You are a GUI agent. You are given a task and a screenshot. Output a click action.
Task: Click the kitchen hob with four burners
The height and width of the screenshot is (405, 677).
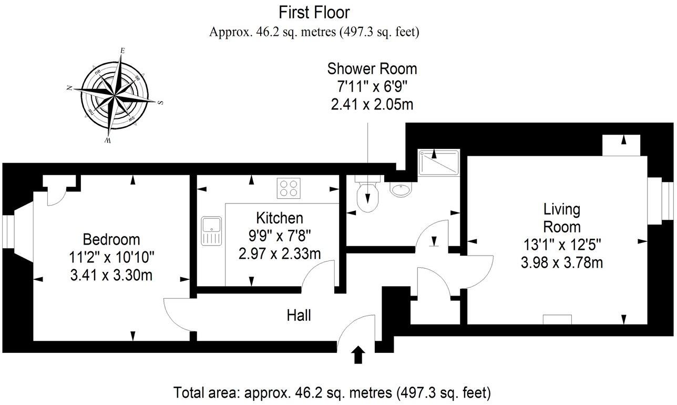(289, 188)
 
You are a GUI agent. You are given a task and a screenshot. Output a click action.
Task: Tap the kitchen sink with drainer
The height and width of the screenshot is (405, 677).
(211, 230)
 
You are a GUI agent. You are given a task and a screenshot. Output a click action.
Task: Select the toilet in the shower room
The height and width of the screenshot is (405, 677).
(367, 194)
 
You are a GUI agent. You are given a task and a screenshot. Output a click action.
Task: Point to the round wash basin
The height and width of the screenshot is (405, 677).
(401, 189)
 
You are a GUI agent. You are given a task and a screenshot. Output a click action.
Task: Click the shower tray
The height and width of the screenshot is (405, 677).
(439, 162)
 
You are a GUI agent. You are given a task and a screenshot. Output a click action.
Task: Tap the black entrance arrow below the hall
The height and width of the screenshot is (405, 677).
(358, 355)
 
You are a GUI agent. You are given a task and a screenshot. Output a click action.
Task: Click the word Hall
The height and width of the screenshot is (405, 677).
(299, 315)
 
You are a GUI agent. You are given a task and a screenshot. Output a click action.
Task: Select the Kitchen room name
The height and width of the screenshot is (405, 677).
(280, 218)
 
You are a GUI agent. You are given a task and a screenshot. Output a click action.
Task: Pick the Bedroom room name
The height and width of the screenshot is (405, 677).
(111, 239)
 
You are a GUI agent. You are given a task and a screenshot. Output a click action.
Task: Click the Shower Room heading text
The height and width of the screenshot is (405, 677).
(372, 69)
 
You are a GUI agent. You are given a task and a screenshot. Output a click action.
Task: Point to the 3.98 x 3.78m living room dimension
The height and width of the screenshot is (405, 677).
(561, 262)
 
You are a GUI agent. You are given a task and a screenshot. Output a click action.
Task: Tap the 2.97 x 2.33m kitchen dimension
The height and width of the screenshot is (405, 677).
(280, 254)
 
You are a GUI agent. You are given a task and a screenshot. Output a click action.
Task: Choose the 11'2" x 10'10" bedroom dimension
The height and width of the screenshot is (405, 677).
(111, 257)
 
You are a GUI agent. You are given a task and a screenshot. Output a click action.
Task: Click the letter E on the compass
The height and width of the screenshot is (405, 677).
(122, 50)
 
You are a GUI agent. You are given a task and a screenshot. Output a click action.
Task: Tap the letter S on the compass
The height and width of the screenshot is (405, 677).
(161, 103)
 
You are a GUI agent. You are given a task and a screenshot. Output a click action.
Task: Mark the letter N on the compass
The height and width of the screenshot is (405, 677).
(69, 88)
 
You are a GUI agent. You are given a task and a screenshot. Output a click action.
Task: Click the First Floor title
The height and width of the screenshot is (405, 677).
(314, 13)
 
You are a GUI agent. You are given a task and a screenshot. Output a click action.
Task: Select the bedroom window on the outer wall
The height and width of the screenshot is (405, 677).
(8, 231)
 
